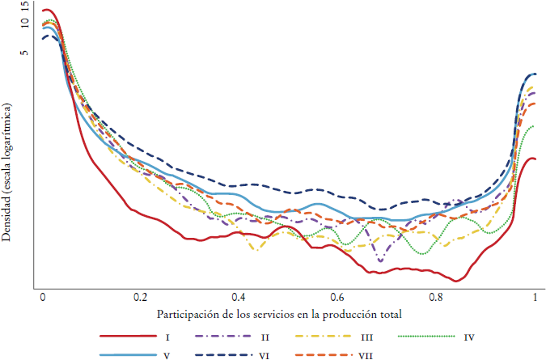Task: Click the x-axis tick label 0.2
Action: pyautogui.click(x=141, y=297)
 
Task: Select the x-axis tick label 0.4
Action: pyautogui.click(x=239, y=297)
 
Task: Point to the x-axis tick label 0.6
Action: pyautogui.click(x=337, y=297)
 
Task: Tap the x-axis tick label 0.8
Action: pyautogui.click(x=436, y=297)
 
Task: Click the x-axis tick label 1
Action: pyautogui.click(x=535, y=297)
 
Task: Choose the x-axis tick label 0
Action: pyautogui.click(x=43, y=297)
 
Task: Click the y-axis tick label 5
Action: pyautogui.click(x=25, y=53)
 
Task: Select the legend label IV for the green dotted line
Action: pyautogui.click(x=470, y=336)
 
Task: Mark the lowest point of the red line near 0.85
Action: pyautogui.click(x=457, y=282)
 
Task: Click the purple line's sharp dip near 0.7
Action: pyautogui.click(x=380, y=260)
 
